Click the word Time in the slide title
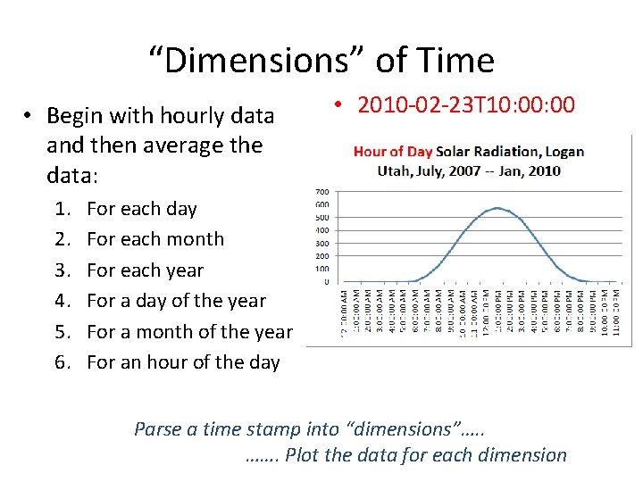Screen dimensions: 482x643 click(x=460, y=61)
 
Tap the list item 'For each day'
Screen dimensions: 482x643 click(x=141, y=209)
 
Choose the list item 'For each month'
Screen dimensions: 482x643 click(x=155, y=239)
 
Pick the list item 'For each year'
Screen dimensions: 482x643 click(x=145, y=270)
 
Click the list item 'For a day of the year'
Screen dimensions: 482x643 click(x=176, y=301)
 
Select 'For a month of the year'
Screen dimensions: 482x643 click(x=189, y=332)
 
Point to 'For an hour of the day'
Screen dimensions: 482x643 click(x=183, y=362)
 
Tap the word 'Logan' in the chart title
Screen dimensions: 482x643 click(x=564, y=152)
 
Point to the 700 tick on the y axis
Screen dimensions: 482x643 click(x=322, y=192)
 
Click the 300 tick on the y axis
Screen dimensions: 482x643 click(x=322, y=243)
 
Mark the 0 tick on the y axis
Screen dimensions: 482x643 click(x=326, y=282)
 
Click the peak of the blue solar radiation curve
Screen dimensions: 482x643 click(x=496, y=208)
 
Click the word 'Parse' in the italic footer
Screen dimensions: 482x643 click(x=157, y=429)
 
